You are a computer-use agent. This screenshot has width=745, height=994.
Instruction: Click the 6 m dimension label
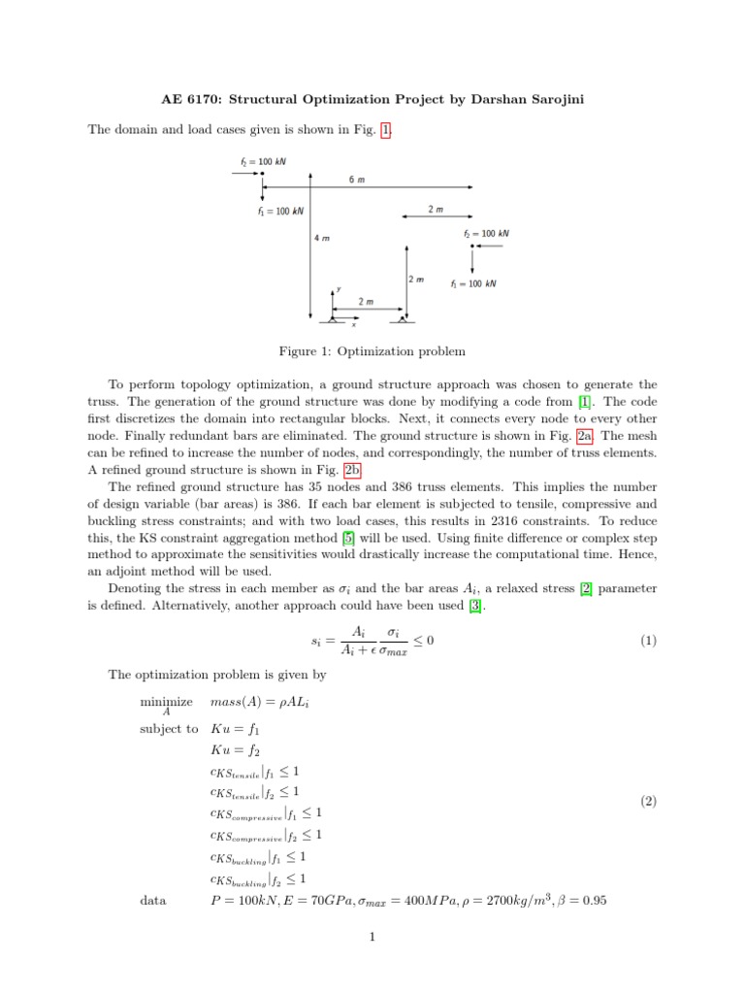tap(357, 180)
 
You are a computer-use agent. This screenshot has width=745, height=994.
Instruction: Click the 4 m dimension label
tap(322, 238)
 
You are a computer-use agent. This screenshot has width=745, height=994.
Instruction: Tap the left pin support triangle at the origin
tap(332, 317)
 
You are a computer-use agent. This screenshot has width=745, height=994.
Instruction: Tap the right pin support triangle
tap(402, 317)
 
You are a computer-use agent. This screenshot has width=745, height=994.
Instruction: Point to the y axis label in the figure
tap(339, 288)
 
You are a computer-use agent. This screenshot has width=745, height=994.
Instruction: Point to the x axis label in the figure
tap(353, 325)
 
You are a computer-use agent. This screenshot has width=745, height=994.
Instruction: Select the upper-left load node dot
tap(262, 173)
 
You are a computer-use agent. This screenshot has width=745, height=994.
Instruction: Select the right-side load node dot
tap(471, 246)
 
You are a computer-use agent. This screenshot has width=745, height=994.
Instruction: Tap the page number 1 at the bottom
tap(372, 937)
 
